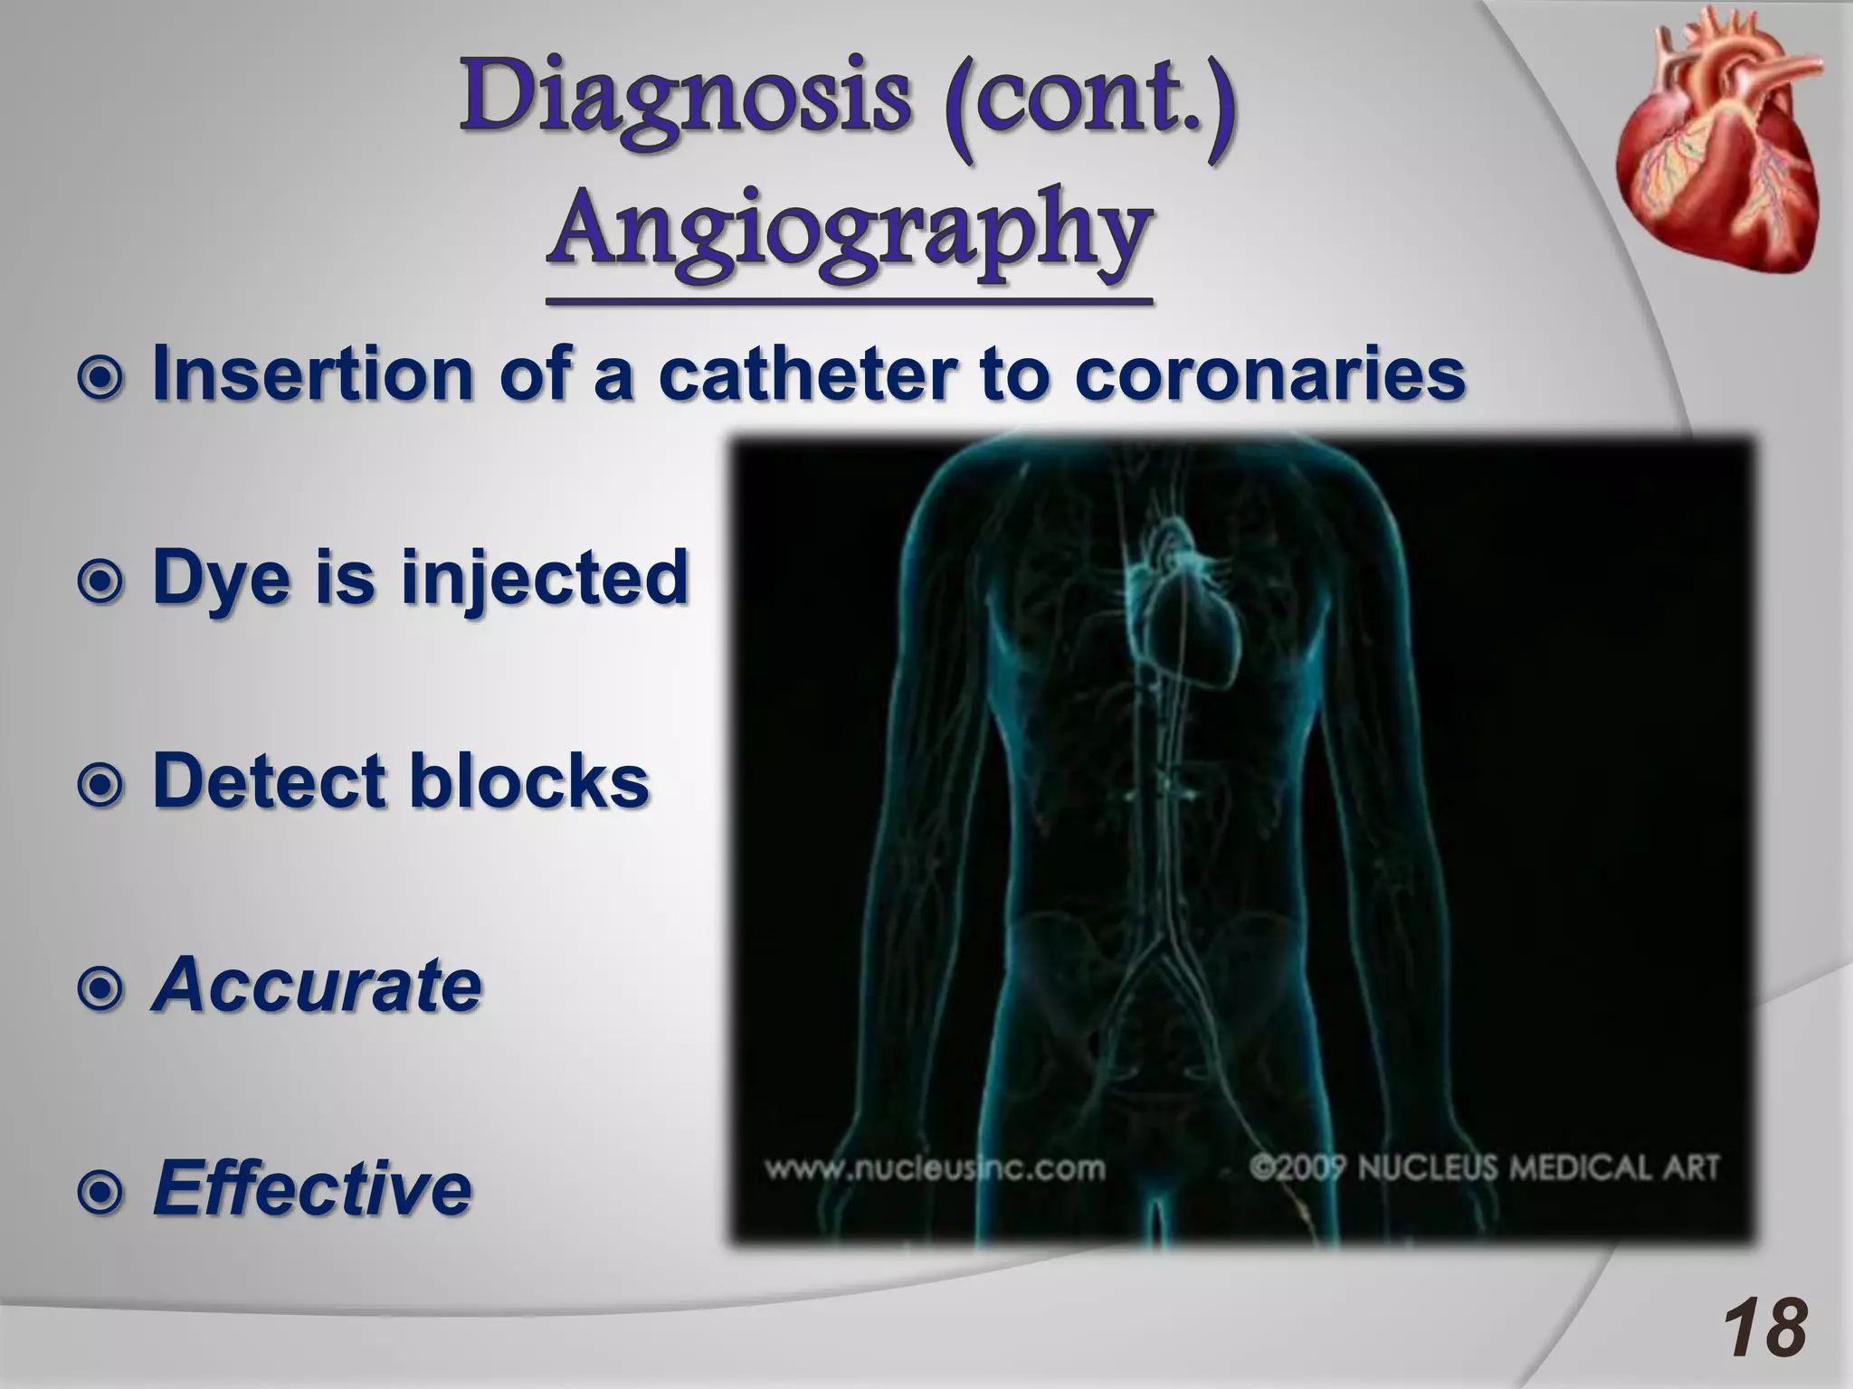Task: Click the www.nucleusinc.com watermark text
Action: tap(935, 1168)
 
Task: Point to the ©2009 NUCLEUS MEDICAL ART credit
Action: tap(1483, 1167)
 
